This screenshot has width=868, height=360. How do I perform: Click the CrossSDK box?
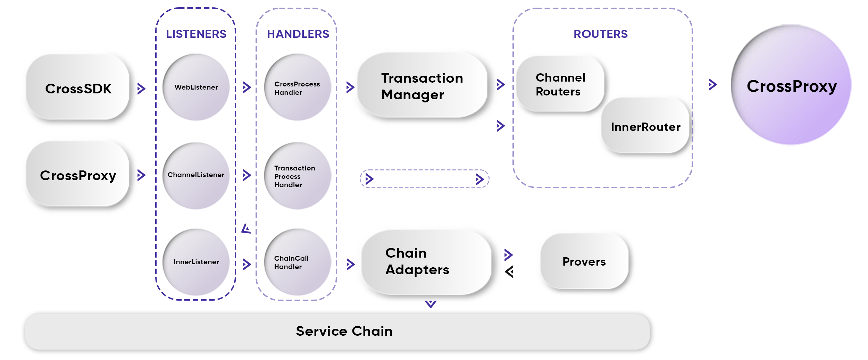coord(78,87)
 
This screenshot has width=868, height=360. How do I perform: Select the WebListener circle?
coord(196,87)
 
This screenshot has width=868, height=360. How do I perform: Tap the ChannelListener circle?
coord(196,175)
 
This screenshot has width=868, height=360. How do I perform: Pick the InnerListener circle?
coord(196,262)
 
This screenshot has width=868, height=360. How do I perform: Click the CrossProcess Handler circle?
coord(298,87)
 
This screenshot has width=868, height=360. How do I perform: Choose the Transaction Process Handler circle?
coord(298,176)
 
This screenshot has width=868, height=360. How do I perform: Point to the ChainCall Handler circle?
coord(298,262)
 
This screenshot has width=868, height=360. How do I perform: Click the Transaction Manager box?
coord(422,86)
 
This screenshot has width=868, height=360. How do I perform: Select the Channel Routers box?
coord(560,84)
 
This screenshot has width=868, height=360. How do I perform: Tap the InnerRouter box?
coord(645,126)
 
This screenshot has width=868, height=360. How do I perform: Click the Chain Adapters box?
coord(426,262)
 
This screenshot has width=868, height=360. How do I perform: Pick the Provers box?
coord(585,261)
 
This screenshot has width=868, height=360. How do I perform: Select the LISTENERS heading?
coord(196,34)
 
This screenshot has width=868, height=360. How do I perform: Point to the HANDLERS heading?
coord(298,34)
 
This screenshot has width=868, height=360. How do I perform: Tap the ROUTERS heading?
coord(601,34)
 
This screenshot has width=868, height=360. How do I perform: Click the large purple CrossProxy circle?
coord(791,85)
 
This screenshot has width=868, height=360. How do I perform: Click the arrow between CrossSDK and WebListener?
coord(141,89)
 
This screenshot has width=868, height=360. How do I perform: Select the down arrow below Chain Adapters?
coord(431,304)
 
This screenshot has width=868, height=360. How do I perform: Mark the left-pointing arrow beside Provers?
coord(509,271)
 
